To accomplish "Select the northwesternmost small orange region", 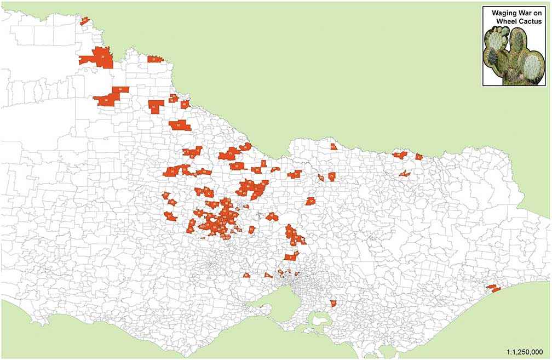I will pyautogui.click(x=84, y=21).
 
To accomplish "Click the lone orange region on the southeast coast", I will pyautogui.click(x=492, y=288).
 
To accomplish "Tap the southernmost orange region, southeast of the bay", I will pyautogui.click(x=333, y=303).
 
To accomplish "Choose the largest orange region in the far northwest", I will pyautogui.click(x=99, y=57).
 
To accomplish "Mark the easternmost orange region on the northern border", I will pyautogui.click(x=419, y=156).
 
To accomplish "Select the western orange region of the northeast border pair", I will pyautogui.click(x=400, y=155).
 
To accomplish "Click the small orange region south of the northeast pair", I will pyautogui.click(x=404, y=174).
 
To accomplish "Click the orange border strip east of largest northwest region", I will pyautogui.click(x=155, y=59).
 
